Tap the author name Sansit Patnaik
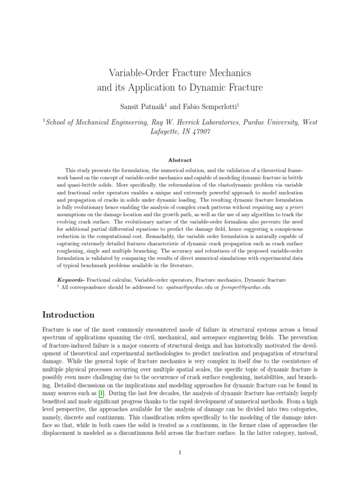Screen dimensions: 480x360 pos(140,107)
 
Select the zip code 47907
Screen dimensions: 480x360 pos(200,132)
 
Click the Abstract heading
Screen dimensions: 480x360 pos(180,160)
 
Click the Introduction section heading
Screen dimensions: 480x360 pos(68,315)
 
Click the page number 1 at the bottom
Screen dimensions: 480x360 pos(180,452)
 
